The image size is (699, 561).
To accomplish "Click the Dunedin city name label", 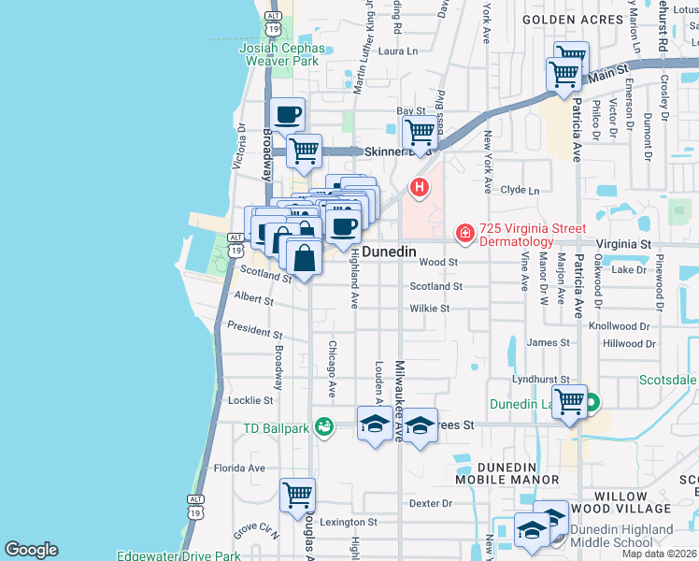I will pos(389,252).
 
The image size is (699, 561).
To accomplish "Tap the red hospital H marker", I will pos(421,188).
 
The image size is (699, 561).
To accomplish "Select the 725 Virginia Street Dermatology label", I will pos(533,235).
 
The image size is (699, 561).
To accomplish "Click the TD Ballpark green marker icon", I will pos(324,427).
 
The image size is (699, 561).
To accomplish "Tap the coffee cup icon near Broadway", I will pos(287,115).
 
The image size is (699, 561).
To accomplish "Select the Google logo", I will pos(31,550).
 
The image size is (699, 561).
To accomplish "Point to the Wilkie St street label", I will pos(430,309).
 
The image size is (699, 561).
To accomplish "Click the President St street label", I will pos(254,332).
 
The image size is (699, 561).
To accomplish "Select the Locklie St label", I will pos(250,400).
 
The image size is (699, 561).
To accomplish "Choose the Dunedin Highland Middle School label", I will pos(625,536).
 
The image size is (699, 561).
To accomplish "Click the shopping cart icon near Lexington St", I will pos(297,496).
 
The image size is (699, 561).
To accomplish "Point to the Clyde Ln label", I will pos(521,190).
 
